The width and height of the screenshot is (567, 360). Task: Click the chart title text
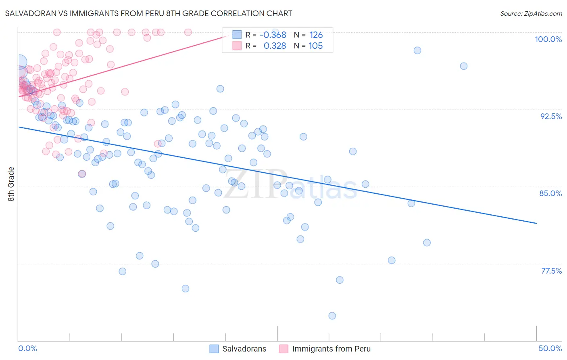pyautogui.click(x=148, y=13)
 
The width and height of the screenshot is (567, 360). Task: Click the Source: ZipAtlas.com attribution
pyautogui.click(x=531, y=13)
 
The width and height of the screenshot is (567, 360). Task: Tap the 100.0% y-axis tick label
pyautogui.click(x=548, y=39)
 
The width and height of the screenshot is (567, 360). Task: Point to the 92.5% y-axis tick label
pyautogui.click(x=551, y=116)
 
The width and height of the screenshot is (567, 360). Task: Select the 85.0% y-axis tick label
pyautogui.click(x=550, y=193)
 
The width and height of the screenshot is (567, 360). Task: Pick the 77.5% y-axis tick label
pyautogui.click(x=551, y=271)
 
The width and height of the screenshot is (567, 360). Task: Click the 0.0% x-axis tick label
pyautogui.click(x=27, y=348)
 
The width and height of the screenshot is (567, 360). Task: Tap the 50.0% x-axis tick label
pyautogui.click(x=550, y=348)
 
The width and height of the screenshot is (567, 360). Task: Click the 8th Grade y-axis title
pyautogui.click(x=11, y=184)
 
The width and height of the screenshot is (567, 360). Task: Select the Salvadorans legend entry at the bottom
pyautogui.click(x=238, y=349)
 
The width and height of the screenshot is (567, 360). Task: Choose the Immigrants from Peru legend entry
pyautogui.click(x=325, y=349)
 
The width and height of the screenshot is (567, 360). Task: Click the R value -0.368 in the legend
pyautogui.click(x=273, y=35)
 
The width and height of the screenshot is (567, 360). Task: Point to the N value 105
pyautogui.click(x=316, y=46)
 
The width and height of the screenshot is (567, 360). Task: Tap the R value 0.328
pyautogui.click(x=275, y=46)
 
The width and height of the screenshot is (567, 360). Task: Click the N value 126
pyautogui.click(x=316, y=35)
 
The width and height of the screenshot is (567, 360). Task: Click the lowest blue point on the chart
pyautogui.click(x=332, y=316)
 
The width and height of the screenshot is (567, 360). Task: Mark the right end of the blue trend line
pyautogui.click(x=536, y=223)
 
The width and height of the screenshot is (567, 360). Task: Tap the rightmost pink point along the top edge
pyautogui.click(x=188, y=32)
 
